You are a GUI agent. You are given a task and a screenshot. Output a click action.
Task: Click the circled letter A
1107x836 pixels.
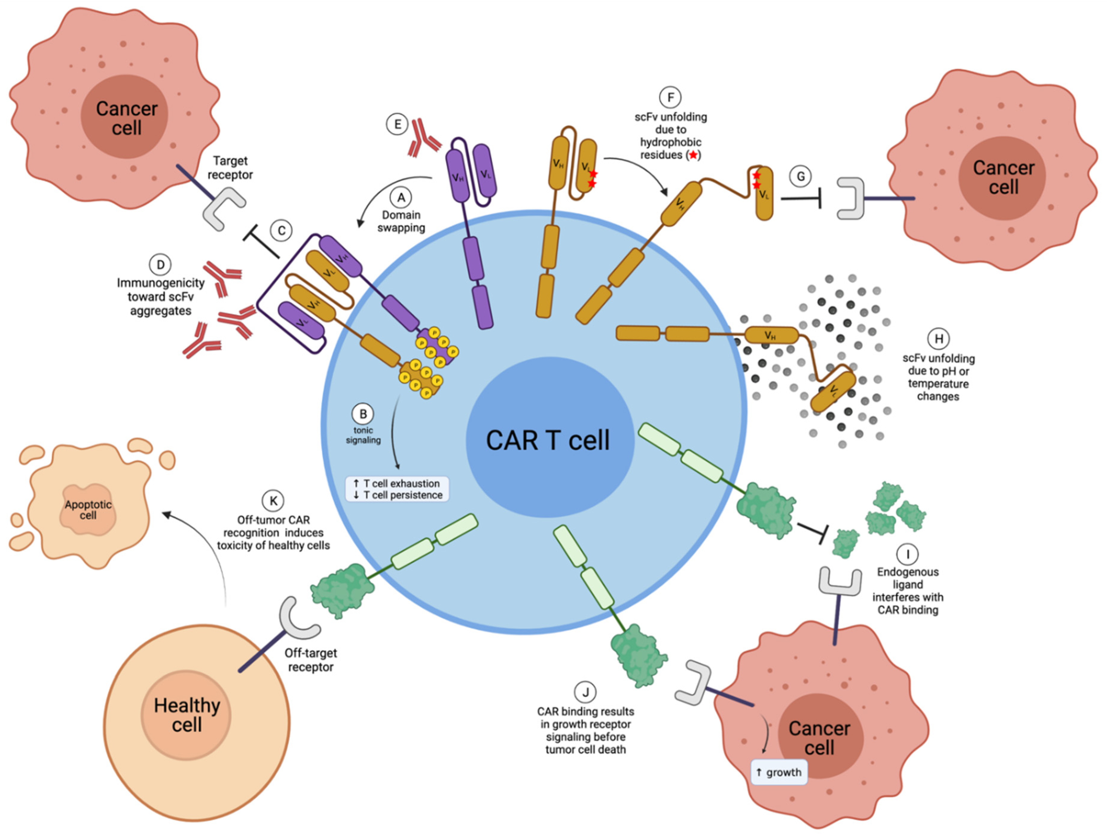(x=401, y=197)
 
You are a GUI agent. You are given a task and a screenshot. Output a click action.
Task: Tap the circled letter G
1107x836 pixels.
(x=800, y=177)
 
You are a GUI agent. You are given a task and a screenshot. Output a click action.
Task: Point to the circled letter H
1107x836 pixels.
(x=939, y=339)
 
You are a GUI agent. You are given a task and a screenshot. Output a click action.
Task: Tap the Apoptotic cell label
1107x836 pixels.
(x=88, y=510)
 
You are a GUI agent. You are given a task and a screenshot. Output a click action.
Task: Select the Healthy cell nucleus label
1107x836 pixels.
(x=187, y=715)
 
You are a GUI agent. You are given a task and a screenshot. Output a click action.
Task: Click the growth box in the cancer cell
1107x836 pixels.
(x=779, y=772)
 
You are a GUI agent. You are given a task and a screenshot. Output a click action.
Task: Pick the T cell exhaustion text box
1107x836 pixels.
(x=397, y=489)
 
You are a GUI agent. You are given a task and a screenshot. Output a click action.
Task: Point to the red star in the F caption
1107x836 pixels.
(x=693, y=155)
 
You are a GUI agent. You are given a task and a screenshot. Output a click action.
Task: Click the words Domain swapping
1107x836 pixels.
(x=401, y=221)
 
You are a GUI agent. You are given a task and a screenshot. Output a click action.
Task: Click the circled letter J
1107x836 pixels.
(x=585, y=692)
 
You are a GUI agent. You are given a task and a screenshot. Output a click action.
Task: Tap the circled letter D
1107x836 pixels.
(x=160, y=265)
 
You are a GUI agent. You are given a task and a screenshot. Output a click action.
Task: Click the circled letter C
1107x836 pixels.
(x=281, y=231)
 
